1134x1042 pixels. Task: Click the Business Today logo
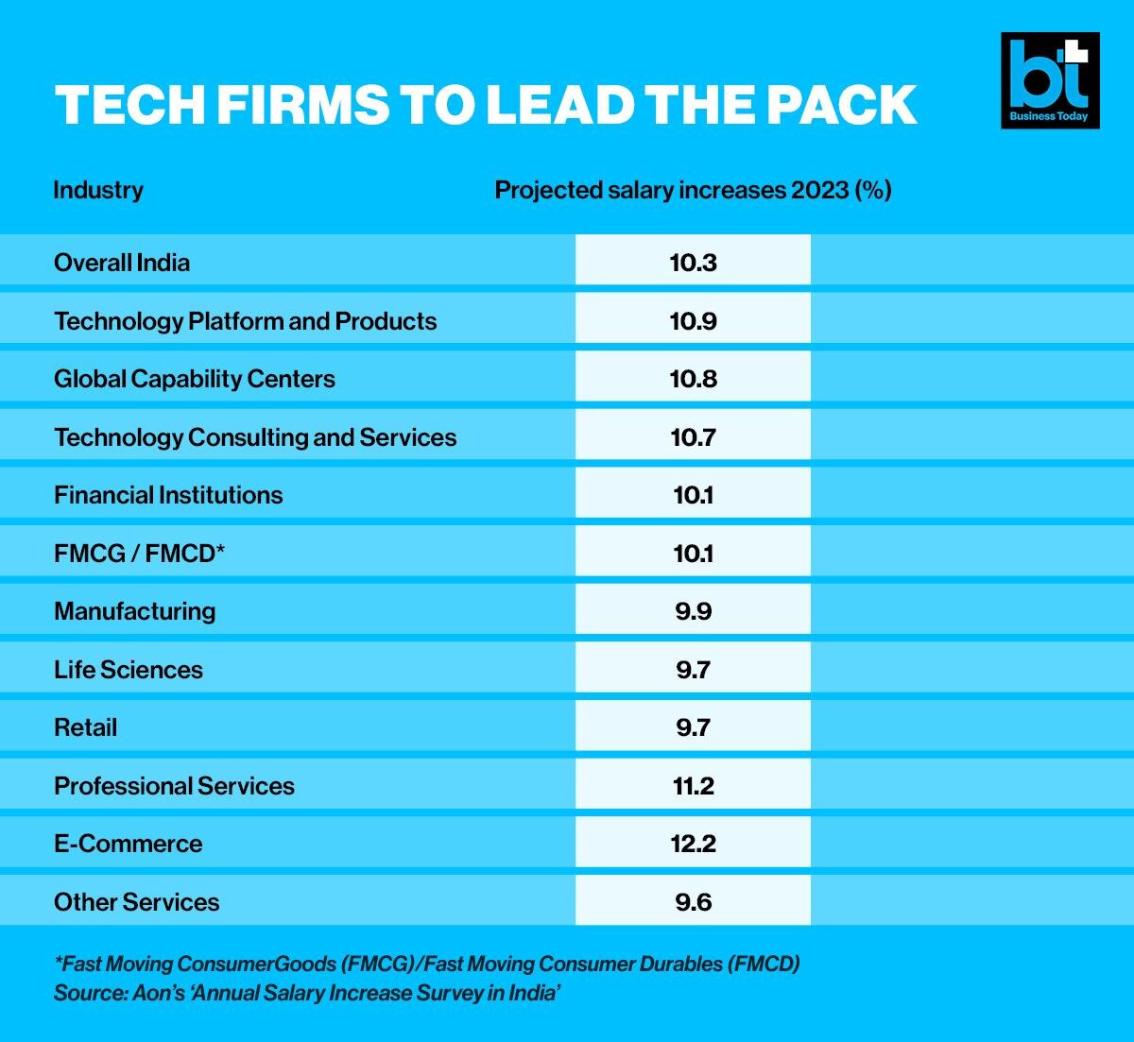pyautogui.click(x=1050, y=80)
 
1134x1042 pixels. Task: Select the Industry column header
pyautogui.click(x=98, y=190)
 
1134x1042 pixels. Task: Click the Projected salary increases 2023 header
pyautogui.click(x=693, y=190)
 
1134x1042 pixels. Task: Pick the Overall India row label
pyautogui.click(x=122, y=263)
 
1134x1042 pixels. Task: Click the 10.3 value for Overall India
pyautogui.click(x=693, y=263)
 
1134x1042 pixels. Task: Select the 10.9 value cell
pyautogui.click(x=693, y=321)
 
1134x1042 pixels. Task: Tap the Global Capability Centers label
pyautogui.click(x=195, y=379)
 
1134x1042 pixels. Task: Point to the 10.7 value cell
pyautogui.click(x=693, y=437)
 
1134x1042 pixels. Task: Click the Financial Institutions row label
pyautogui.click(x=168, y=495)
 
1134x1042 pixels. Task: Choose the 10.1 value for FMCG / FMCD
pyautogui.click(x=693, y=554)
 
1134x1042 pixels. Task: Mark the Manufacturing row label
pyautogui.click(x=135, y=611)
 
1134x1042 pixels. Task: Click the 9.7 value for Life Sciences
pyautogui.click(x=693, y=670)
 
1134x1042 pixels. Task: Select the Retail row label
pyautogui.click(x=86, y=727)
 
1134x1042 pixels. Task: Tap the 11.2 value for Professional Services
pyautogui.click(x=693, y=786)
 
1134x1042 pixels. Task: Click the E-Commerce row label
pyautogui.click(x=129, y=844)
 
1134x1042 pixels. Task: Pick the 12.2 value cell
pyautogui.click(x=693, y=844)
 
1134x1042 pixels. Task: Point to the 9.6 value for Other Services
pyautogui.click(x=693, y=902)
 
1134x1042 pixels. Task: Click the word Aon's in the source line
pyautogui.click(x=162, y=993)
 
